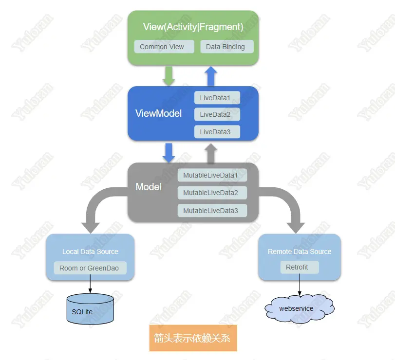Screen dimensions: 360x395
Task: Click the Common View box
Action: [x=162, y=47]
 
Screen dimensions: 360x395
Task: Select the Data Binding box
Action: [x=227, y=47]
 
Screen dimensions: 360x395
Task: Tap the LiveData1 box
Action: [x=217, y=98]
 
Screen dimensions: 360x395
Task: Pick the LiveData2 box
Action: [x=217, y=114]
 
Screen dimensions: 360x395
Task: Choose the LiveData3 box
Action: [x=217, y=131]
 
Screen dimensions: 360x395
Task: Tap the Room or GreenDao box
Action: [x=89, y=268]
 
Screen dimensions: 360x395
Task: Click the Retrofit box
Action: [x=299, y=267]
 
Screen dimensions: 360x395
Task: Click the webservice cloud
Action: [x=297, y=308]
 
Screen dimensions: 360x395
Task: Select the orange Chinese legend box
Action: [x=193, y=338]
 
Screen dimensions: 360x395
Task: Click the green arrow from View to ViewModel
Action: [x=169, y=75]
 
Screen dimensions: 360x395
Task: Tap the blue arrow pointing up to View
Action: [x=211, y=76]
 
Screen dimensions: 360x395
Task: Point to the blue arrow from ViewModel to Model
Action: [x=169, y=152]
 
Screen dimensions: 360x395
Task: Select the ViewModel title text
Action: [x=158, y=113]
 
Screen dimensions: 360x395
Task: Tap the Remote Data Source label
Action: [x=299, y=252]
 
